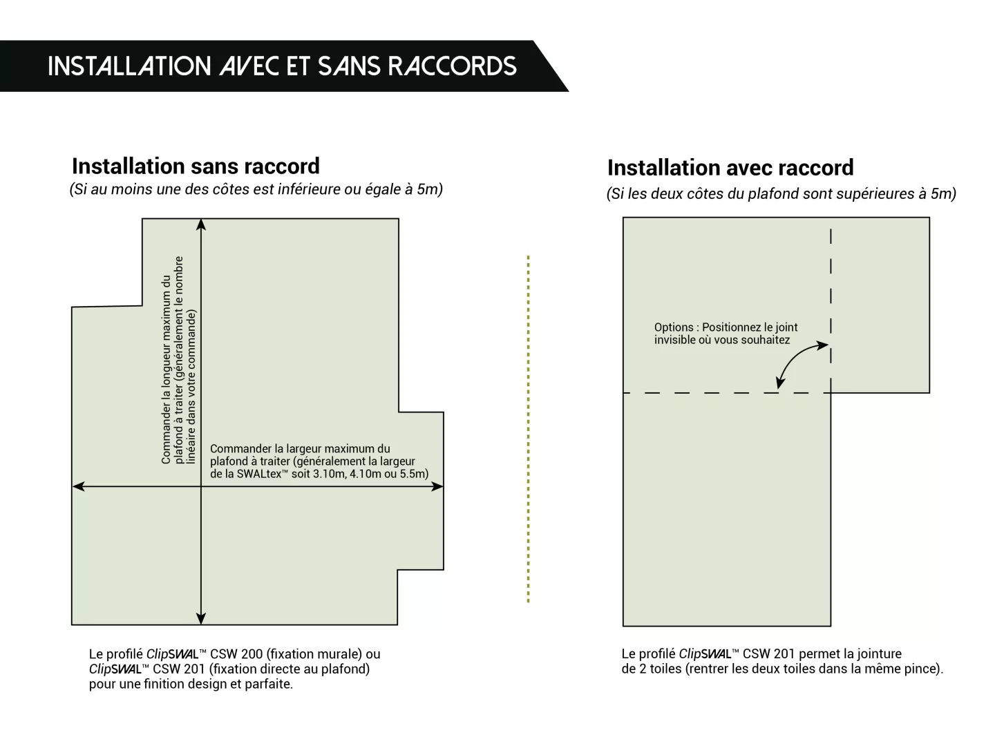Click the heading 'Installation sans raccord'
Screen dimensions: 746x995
196,166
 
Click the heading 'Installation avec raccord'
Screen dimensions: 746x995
730,168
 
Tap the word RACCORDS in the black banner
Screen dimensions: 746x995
452,66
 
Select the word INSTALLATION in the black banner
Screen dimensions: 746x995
129,66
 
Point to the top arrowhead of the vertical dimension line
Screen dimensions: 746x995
201,224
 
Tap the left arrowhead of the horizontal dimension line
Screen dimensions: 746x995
78,486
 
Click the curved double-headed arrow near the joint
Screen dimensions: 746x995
798,362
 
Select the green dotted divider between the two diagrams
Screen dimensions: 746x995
528,428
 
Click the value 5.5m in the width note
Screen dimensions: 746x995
413,474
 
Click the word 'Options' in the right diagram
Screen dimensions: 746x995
674,327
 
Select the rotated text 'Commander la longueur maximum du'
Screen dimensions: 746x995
166,370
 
